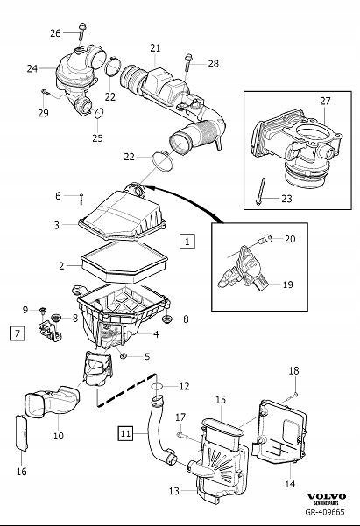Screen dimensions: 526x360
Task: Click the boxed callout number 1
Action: click(187, 238)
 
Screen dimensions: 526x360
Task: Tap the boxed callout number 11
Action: click(126, 431)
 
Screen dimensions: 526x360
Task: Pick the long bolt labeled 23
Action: click(261, 193)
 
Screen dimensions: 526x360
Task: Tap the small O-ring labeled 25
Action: click(98, 114)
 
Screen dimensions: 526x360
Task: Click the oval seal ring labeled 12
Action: click(155, 385)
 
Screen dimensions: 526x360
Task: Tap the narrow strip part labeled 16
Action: click(24, 434)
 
